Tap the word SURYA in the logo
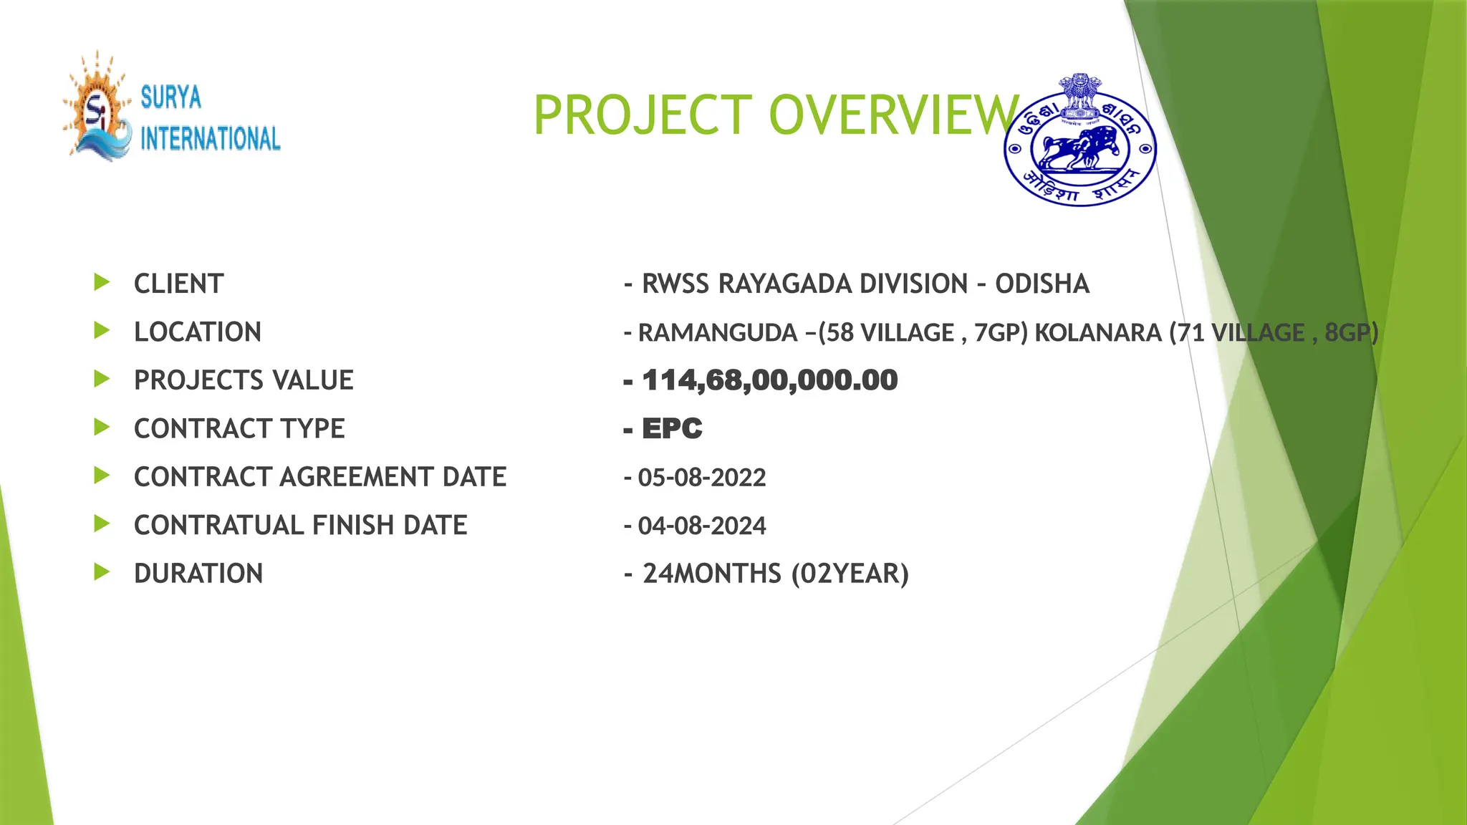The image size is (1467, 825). tap(171, 97)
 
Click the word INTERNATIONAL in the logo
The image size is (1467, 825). tap(210, 138)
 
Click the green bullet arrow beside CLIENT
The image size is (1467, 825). tap(102, 282)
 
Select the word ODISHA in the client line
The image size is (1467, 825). tap(1042, 284)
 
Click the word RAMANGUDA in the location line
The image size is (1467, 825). tap(718, 333)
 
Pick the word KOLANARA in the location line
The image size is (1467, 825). tap(1098, 333)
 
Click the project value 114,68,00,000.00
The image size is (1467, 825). tap(769, 380)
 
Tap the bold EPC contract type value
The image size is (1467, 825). tap(672, 428)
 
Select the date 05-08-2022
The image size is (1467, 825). tap(702, 477)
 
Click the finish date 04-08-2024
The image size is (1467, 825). tap(702, 526)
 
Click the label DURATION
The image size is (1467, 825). tap(198, 574)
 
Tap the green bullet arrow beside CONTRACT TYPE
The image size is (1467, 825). tap(102, 428)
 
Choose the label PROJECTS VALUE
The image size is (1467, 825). tap(244, 380)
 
